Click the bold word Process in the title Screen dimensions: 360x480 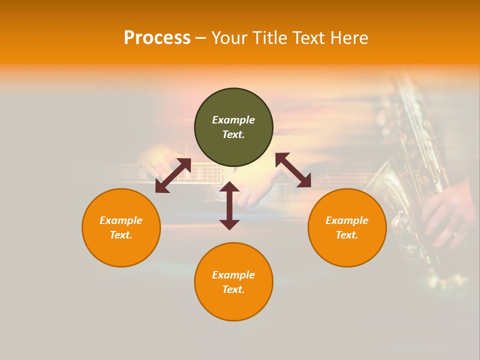pos(157,38)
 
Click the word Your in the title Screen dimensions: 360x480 pos(229,38)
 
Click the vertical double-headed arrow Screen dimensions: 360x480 pos(229,205)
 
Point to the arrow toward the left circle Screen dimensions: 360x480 pos(173,175)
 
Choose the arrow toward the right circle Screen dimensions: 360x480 pos(293,170)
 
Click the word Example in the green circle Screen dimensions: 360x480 pos(233,120)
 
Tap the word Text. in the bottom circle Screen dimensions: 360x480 pos(233,289)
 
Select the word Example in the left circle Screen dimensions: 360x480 pos(121,220)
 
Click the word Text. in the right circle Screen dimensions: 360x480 pos(347,235)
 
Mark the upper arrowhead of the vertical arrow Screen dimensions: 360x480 pos(229,187)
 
